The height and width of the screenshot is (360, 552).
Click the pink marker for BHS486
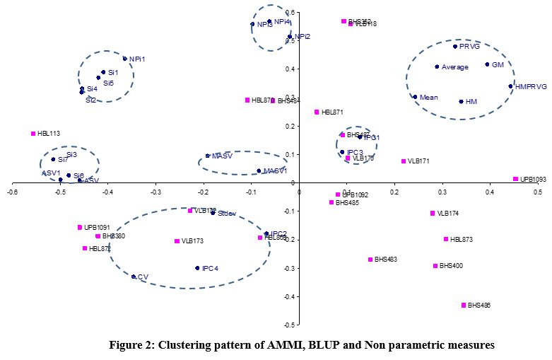tap(464, 305)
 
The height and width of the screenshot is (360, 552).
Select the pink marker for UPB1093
tap(516, 180)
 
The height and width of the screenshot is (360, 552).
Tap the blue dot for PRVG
tap(455, 47)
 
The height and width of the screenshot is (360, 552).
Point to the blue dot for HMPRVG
tap(510, 86)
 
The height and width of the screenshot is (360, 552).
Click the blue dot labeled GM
tap(487, 64)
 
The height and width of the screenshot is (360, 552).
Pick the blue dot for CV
tap(134, 277)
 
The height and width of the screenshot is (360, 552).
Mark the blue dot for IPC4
tap(197, 268)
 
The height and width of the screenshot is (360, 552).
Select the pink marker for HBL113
tap(33, 134)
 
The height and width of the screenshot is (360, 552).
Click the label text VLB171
tap(419, 162)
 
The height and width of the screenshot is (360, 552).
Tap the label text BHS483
tap(385, 260)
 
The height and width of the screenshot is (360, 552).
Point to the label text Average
tap(455, 67)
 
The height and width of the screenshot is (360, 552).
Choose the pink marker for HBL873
tap(446, 239)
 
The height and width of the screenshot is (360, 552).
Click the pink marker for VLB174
tap(433, 213)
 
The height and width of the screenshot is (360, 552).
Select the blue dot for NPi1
tap(125, 59)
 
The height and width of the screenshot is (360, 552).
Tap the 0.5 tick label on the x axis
tap(538, 192)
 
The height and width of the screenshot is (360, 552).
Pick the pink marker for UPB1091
tap(80, 227)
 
